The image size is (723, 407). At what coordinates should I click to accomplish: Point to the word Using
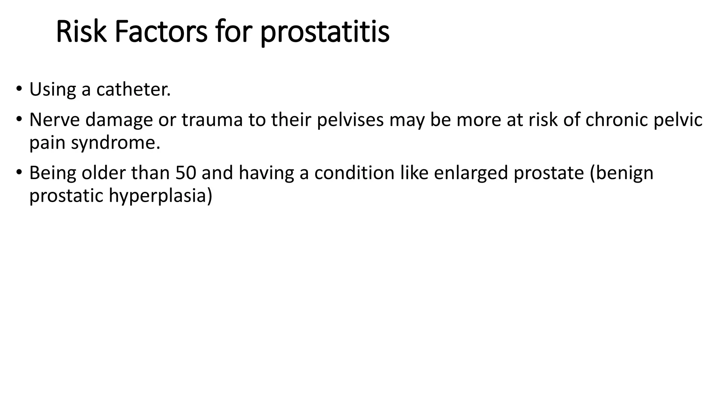tap(52, 90)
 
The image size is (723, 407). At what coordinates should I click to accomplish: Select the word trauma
tap(213, 120)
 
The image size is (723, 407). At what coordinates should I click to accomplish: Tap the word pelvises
tap(350, 120)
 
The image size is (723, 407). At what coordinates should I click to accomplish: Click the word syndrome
tap(115, 143)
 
